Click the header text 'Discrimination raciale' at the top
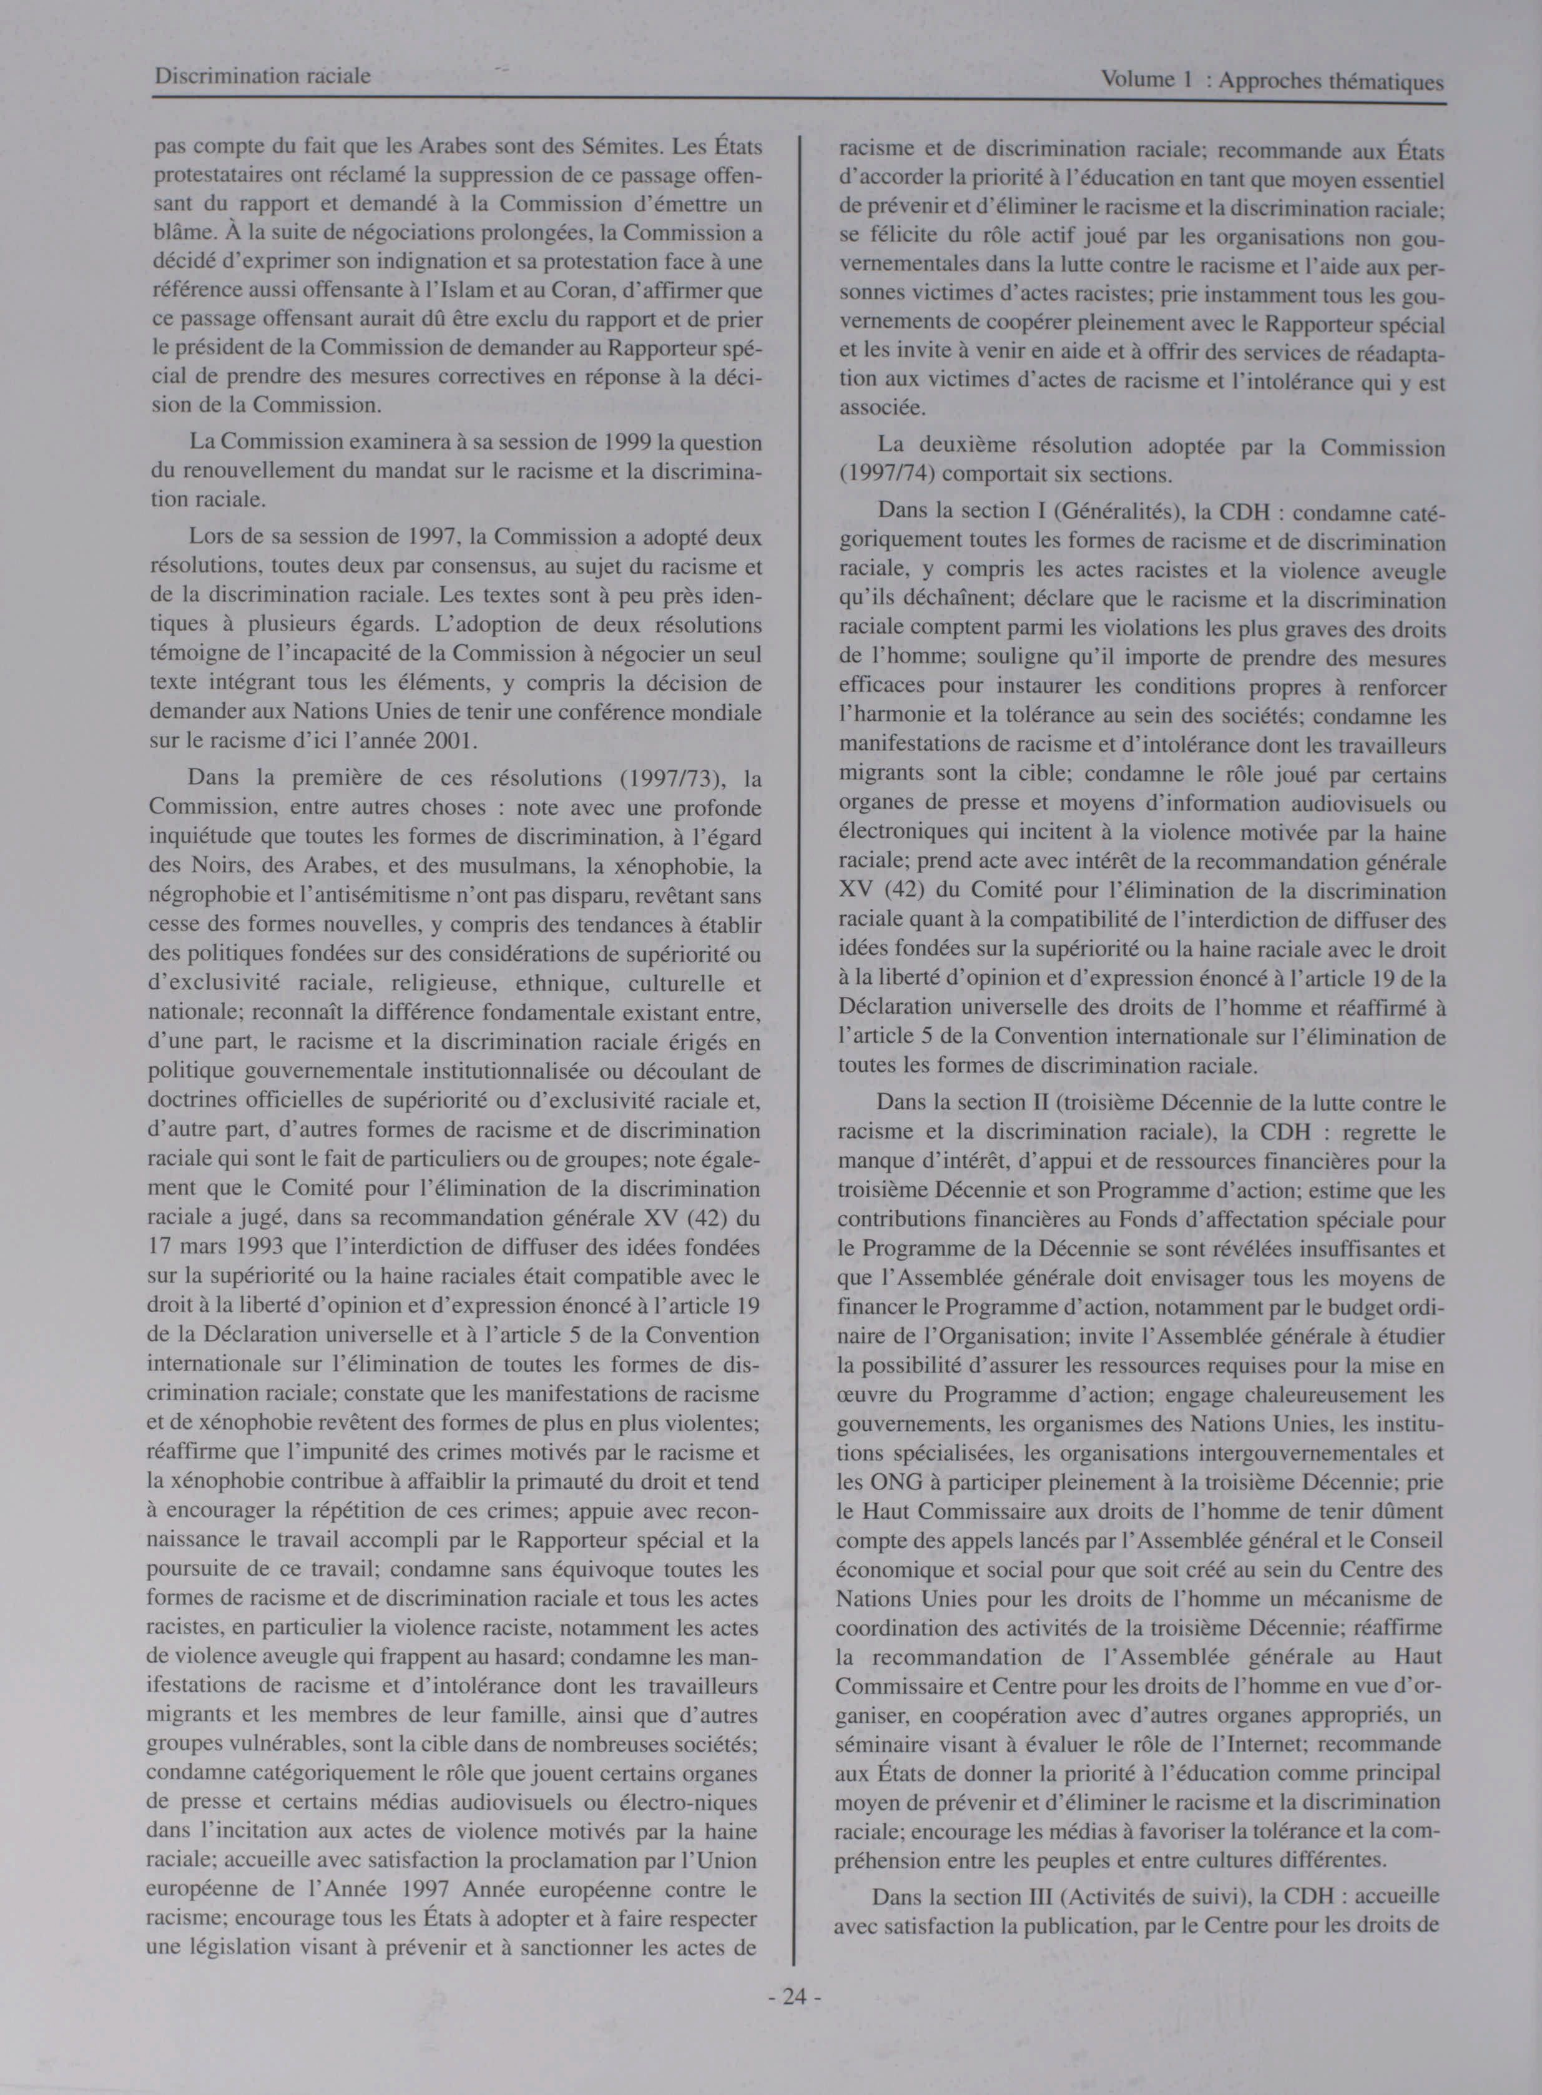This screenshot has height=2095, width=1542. pyautogui.click(x=262, y=76)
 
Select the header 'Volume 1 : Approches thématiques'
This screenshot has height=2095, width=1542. pyautogui.click(x=1272, y=81)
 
